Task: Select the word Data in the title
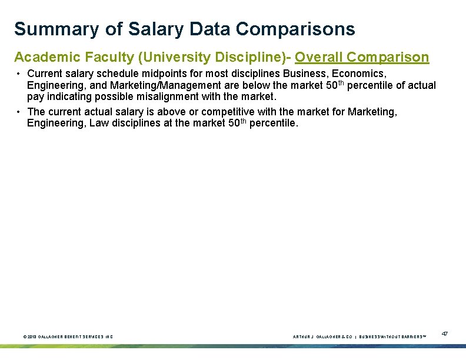(x=210, y=29)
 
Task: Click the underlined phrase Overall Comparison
(x=362, y=58)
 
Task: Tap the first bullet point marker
(x=19, y=74)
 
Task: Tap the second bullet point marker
(x=19, y=112)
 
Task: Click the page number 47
(x=445, y=334)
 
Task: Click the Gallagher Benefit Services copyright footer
(x=68, y=336)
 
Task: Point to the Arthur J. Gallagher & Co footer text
(x=322, y=336)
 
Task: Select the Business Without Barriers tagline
(x=392, y=336)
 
